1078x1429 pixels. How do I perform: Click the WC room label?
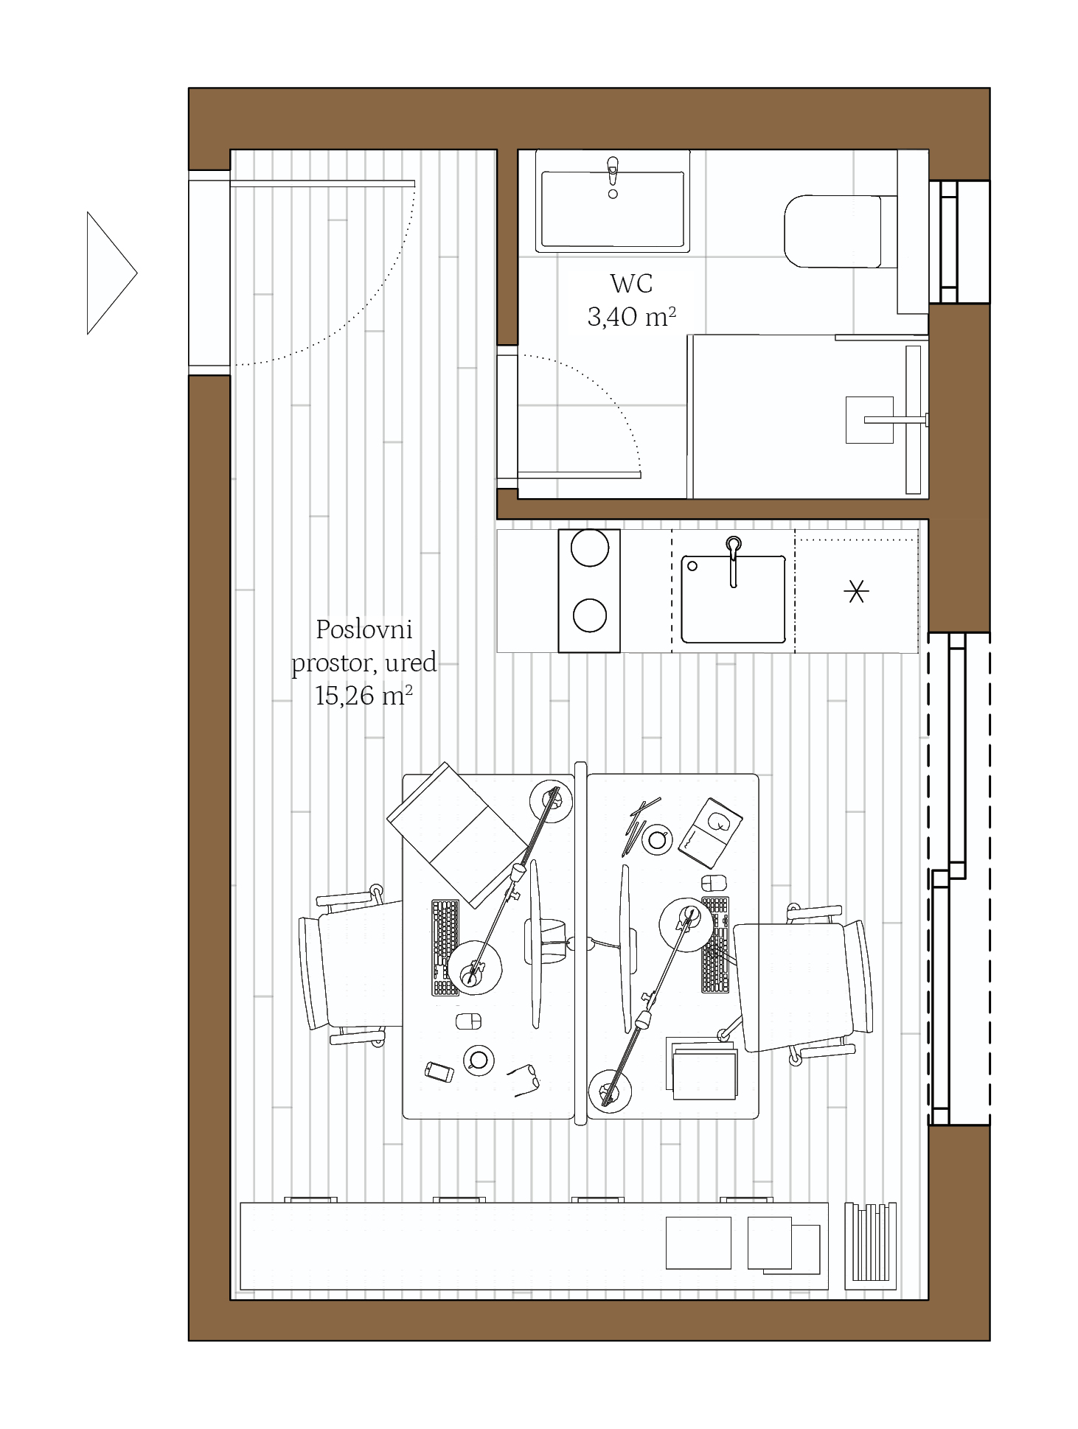tap(630, 283)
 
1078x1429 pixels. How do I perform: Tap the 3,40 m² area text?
tap(631, 317)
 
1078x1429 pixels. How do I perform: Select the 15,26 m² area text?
tap(364, 695)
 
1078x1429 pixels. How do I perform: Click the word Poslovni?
tap(364, 629)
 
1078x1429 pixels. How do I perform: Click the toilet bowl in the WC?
tap(832, 231)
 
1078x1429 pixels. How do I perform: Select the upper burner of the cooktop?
tap(590, 548)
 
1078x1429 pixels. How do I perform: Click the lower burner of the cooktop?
tap(590, 615)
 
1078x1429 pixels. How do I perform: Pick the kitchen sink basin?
tap(733, 598)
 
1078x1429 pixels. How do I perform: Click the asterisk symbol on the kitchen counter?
tap(856, 592)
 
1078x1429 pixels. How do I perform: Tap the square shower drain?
tap(869, 420)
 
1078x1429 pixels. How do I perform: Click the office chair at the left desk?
tap(350, 966)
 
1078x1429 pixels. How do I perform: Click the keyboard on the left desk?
tap(445, 948)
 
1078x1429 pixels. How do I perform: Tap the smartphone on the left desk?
tap(439, 1072)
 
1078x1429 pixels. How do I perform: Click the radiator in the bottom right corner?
tap(870, 1246)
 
